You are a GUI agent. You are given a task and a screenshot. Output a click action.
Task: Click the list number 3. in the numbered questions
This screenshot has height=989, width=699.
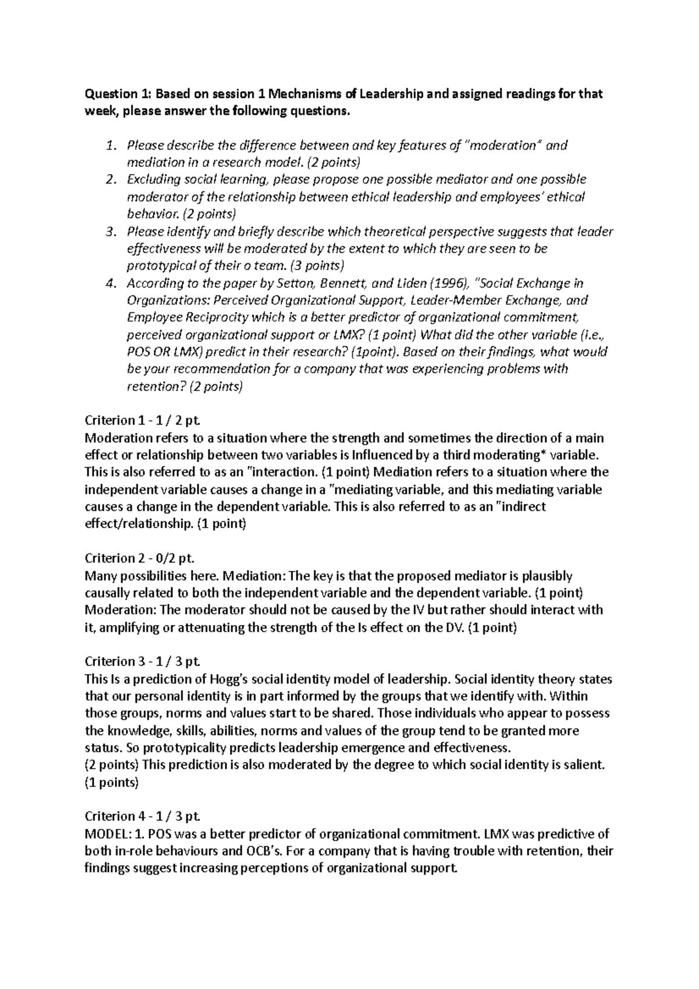pyautogui.click(x=112, y=232)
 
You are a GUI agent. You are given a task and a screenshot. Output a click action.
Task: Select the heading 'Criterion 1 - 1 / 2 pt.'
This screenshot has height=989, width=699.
pyautogui.click(x=143, y=421)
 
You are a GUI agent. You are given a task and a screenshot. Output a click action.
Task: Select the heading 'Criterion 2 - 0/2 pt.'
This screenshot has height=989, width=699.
pyautogui.click(x=139, y=559)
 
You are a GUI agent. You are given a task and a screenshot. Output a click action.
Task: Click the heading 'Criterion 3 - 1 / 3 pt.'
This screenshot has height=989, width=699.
pyautogui.click(x=143, y=662)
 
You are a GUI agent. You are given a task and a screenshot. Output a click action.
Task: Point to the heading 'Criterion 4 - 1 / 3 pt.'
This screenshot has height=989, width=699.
pyautogui.click(x=143, y=816)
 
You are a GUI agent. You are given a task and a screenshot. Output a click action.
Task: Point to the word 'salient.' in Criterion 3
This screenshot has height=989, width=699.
pyautogui.click(x=585, y=765)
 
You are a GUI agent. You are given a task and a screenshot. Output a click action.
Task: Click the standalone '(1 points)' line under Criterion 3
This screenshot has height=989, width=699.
pyautogui.click(x=112, y=782)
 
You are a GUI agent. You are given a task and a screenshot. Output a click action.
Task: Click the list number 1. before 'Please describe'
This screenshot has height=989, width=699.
pyautogui.click(x=112, y=146)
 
